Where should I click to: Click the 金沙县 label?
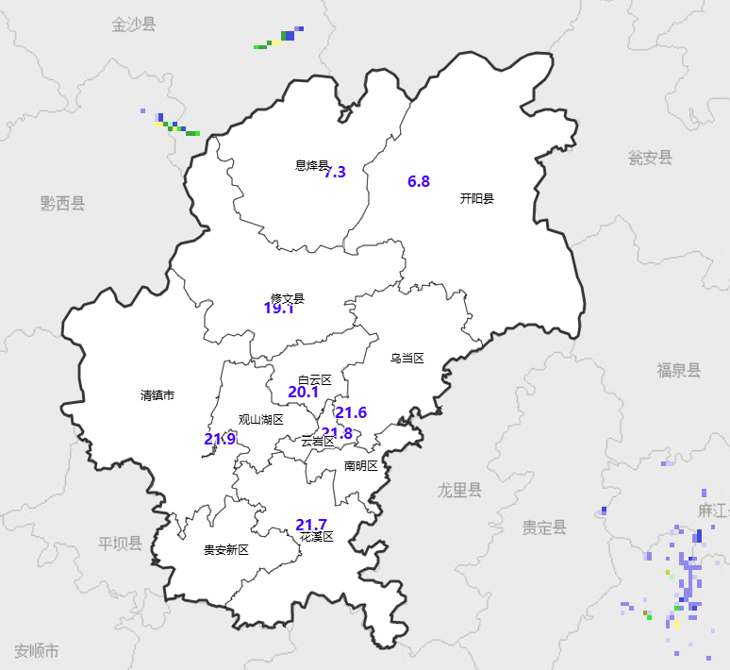tap(134, 25)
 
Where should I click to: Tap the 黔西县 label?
tap(63, 203)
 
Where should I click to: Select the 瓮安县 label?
tap(651, 158)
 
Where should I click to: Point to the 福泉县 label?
tap(679, 371)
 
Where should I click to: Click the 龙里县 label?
tap(459, 491)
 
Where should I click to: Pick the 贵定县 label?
tap(545, 528)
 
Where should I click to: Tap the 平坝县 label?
tap(120, 544)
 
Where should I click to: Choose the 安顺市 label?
tap(37, 651)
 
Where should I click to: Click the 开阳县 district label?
tap(477, 198)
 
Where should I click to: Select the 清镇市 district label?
tap(158, 395)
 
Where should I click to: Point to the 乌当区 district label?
tap(407, 359)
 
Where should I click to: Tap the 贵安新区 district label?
tap(226, 550)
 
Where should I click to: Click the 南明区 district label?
tap(360, 465)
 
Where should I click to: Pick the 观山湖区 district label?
tap(261, 420)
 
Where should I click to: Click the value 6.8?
tap(419, 181)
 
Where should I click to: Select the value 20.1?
tap(303, 392)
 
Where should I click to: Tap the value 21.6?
tap(351, 412)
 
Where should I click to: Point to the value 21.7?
tap(311, 525)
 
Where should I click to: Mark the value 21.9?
tap(220, 439)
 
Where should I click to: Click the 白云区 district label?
tap(315, 379)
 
